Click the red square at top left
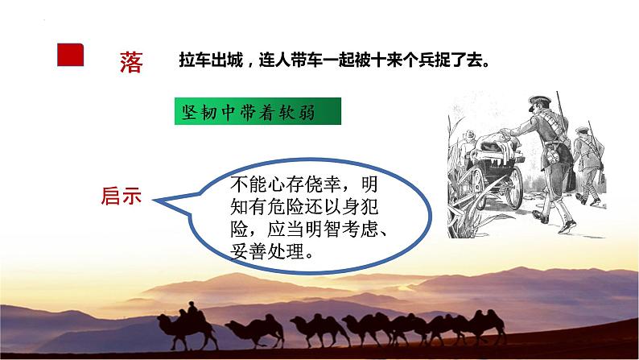[x=70, y=55]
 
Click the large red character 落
[x=130, y=62]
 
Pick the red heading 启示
[x=121, y=195]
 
